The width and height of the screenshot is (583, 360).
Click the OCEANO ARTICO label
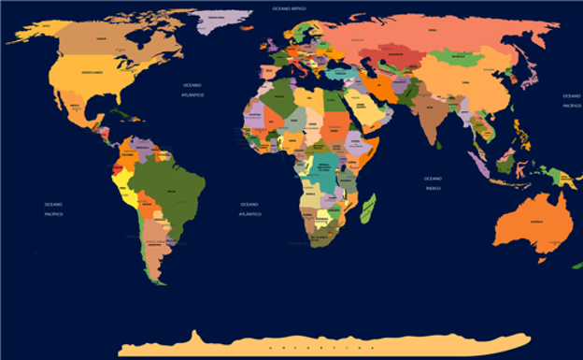289,7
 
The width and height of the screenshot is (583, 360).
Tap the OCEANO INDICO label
433,182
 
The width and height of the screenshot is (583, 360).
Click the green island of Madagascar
368,209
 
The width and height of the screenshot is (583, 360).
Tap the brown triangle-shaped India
432,117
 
